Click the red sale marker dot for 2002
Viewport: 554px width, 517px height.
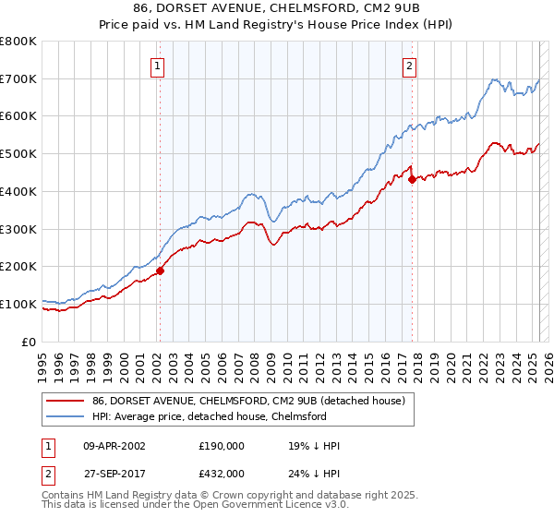tap(160, 271)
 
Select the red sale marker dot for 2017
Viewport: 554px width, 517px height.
tap(412, 180)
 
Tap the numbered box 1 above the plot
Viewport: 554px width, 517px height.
tap(159, 66)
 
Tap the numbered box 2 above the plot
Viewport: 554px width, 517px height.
tap(409, 66)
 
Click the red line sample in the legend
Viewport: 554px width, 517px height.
tap(64, 402)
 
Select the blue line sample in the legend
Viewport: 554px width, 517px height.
tap(64, 417)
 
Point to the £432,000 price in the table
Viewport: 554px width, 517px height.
tap(222, 474)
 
